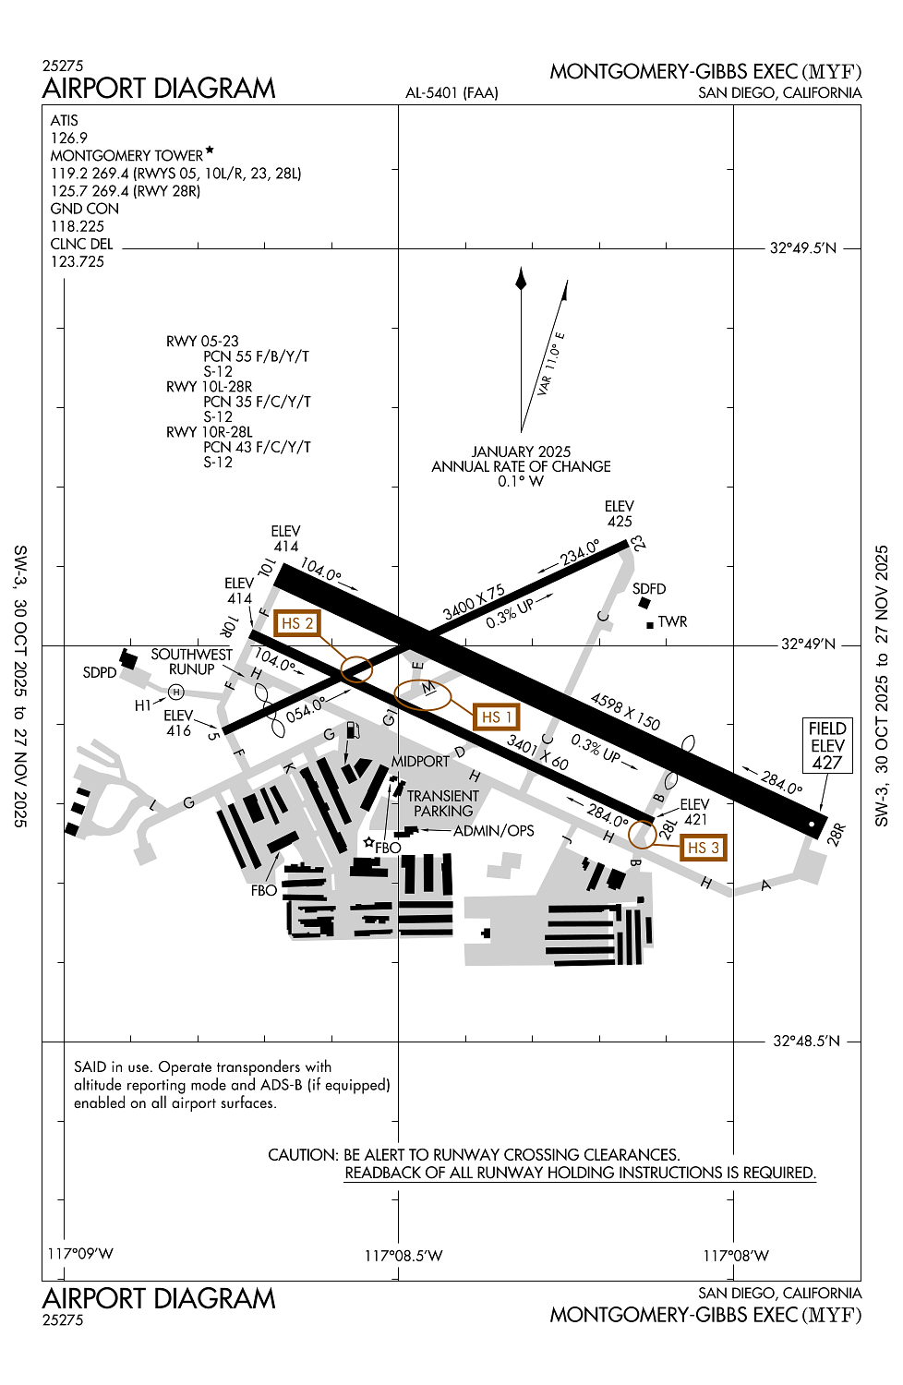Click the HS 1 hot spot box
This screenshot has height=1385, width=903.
[x=496, y=717]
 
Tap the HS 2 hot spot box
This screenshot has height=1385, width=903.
[x=296, y=624]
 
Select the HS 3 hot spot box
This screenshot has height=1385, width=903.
[x=703, y=848]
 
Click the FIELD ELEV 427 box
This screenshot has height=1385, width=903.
[x=827, y=745]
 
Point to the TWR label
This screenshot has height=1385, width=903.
[x=672, y=622]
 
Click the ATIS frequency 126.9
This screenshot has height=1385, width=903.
[x=69, y=138]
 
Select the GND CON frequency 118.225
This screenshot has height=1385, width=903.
[x=78, y=226]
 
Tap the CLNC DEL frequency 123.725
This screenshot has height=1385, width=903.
[x=78, y=261]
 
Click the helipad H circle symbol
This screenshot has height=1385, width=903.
[x=176, y=692]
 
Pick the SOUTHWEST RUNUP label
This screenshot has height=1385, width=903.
[x=192, y=662]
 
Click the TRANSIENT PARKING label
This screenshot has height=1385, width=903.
[x=443, y=803]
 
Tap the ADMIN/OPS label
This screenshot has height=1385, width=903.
[x=493, y=831]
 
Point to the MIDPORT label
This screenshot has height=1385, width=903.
[x=420, y=762]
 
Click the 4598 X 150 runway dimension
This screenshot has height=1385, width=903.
[x=625, y=712]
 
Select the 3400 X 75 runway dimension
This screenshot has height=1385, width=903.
[x=474, y=603]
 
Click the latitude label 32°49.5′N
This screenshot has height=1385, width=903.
[x=803, y=248]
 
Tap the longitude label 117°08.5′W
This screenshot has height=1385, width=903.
[x=403, y=1256]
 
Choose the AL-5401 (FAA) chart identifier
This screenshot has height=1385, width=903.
[x=451, y=93]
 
